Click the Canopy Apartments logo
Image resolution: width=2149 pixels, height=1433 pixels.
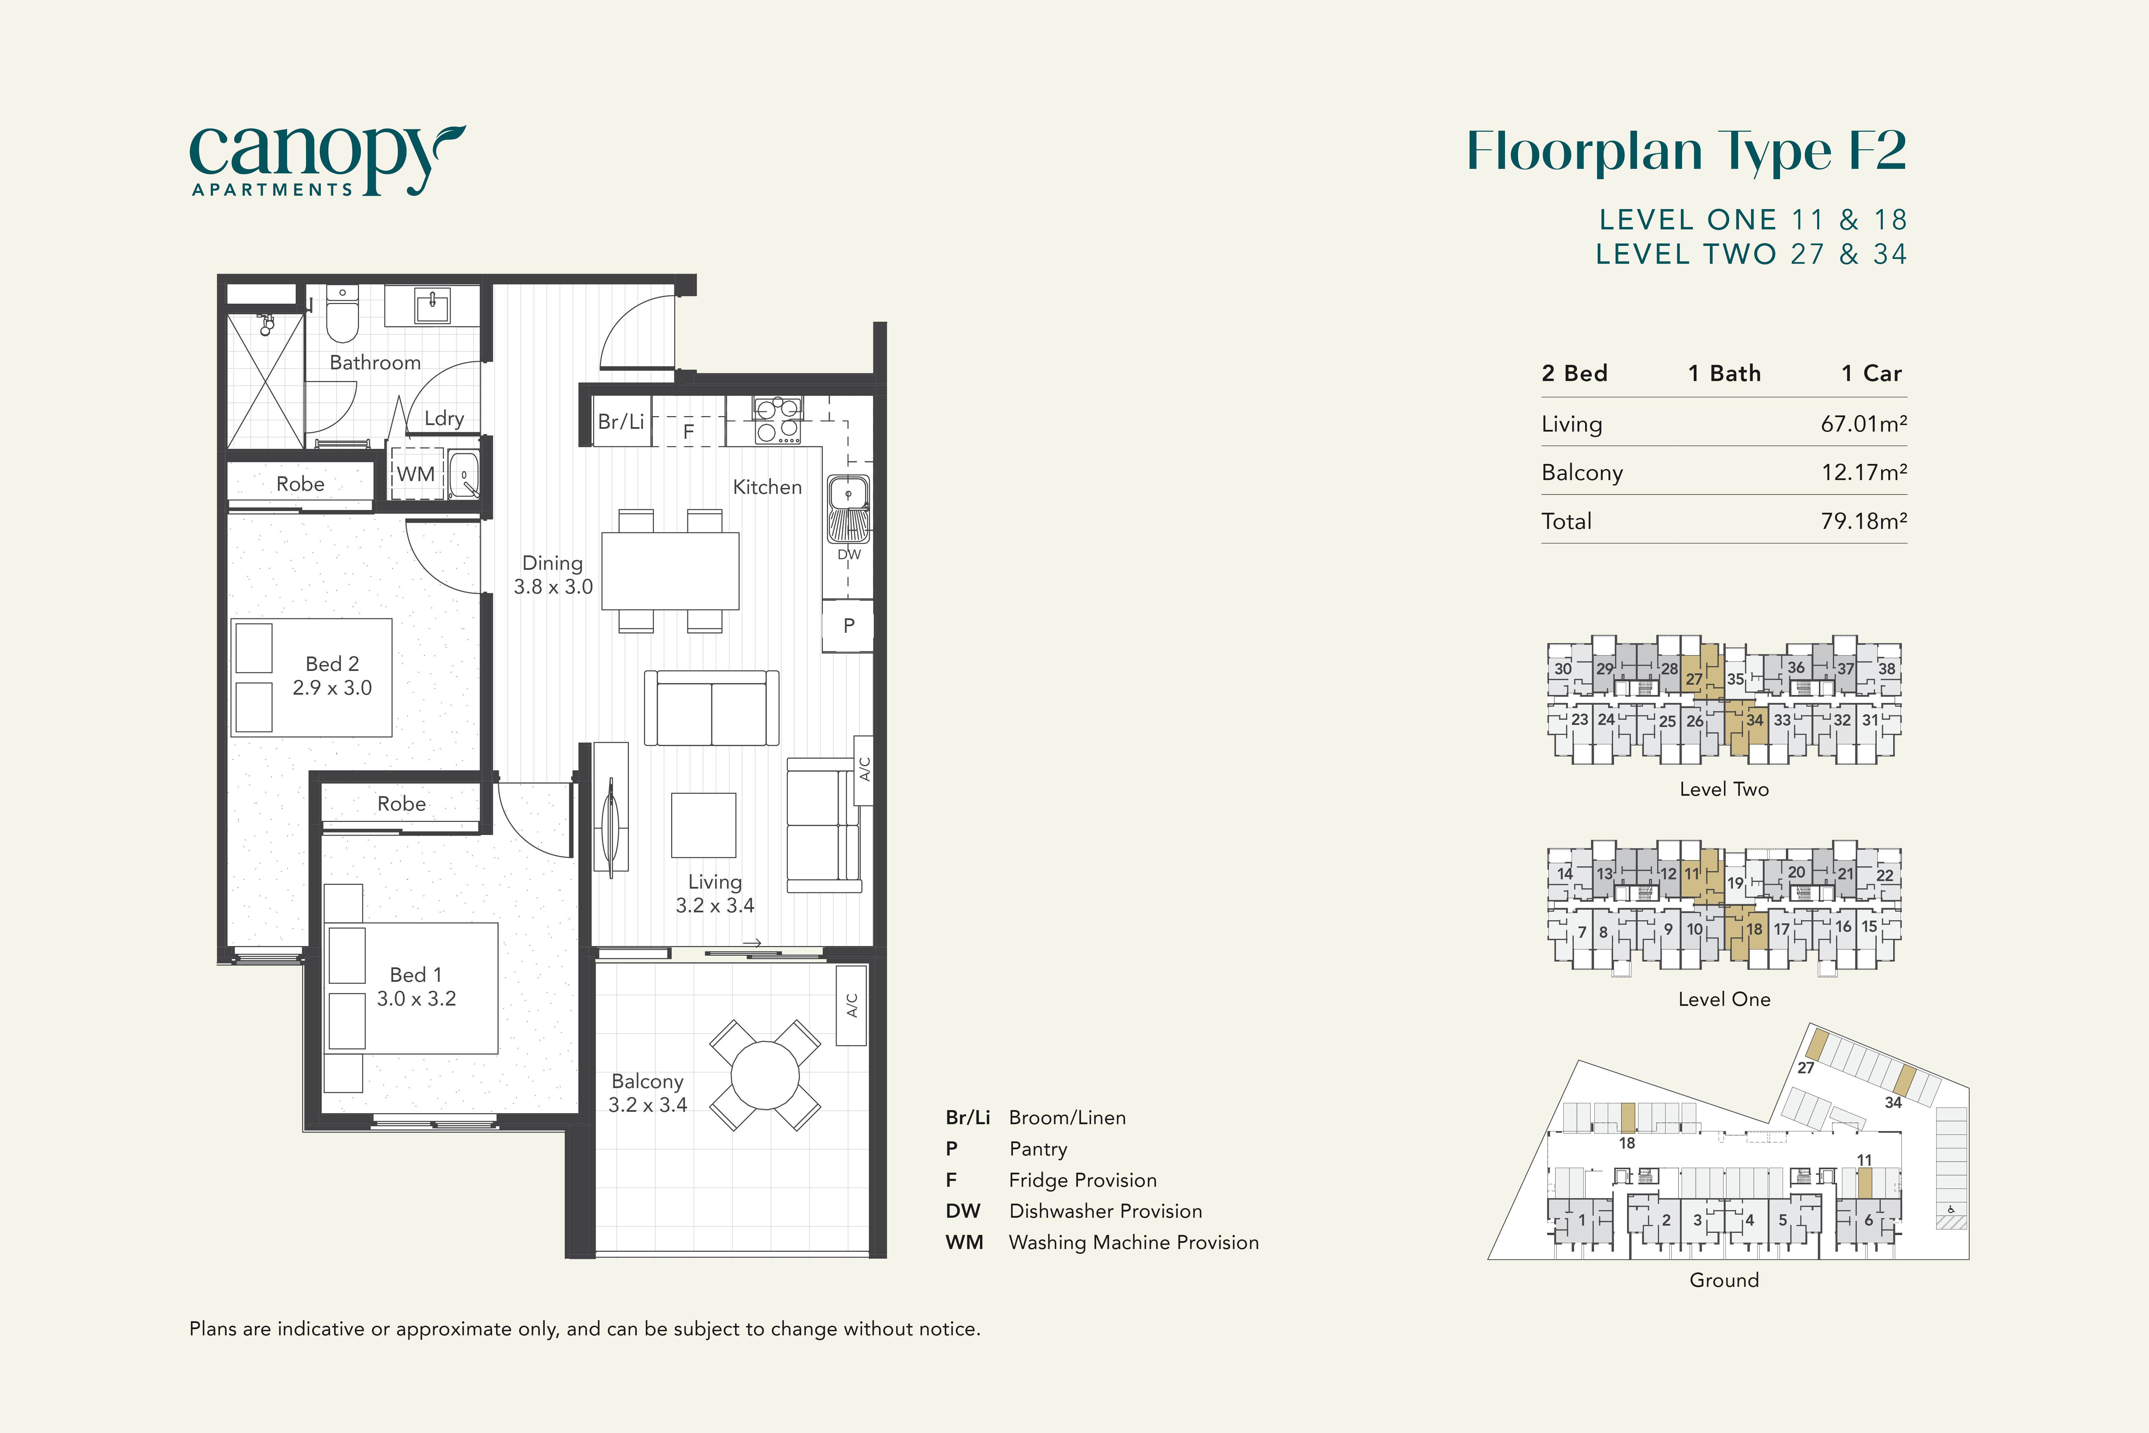click(327, 161)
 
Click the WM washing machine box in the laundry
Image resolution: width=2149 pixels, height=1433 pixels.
click(416, 474)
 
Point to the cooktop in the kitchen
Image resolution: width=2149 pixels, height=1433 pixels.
click(777, 420)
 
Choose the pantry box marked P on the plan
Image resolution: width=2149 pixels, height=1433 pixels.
click(848, 626)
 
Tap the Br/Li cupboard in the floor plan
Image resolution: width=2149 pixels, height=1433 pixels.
click(621, 421)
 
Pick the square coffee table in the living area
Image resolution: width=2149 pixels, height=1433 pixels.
click(703, 825)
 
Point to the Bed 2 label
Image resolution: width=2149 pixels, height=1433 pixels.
click(332, 663)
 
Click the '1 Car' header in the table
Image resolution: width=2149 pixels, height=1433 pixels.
click(1871, 373)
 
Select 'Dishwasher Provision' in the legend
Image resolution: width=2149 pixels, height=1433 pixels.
click(1105, 1211)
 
